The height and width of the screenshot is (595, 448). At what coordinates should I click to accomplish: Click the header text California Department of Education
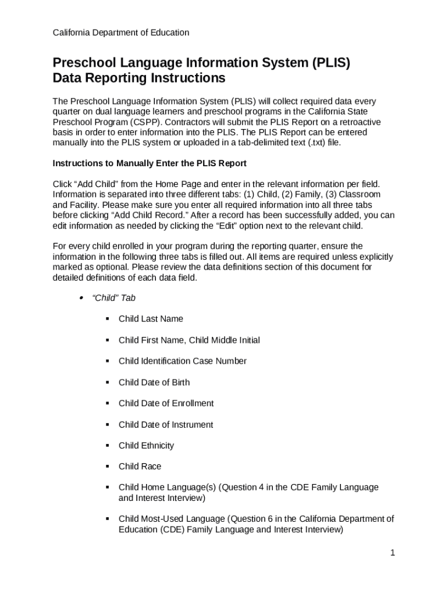tap(120, 33)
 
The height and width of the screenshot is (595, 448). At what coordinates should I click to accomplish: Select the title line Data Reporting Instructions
tap(138, 78)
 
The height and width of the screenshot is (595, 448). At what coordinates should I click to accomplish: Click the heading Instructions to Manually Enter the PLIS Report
tap(150, 163)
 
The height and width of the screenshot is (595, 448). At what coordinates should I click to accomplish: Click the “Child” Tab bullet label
tap(114, 297)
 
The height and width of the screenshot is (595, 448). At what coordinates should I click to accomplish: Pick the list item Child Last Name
tap(151, 318)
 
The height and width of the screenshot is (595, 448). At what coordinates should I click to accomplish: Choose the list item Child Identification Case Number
tap(182, 361)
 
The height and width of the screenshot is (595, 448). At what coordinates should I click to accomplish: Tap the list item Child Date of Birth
tap(154, 382)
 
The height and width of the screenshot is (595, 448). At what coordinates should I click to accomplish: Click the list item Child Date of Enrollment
tap(166, 403)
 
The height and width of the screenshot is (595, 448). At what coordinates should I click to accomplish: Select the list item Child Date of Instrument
tap(166, 425)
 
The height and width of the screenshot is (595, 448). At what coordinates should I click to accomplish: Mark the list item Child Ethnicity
tap(146, 446)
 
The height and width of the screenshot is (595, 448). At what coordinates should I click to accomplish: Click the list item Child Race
tap(140, 467)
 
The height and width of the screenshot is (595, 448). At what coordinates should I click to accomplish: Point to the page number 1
tap(393, 553)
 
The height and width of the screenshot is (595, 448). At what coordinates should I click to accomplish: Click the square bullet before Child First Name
tap(108, 340)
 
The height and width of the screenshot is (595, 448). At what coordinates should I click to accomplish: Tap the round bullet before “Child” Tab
tap(81, 297)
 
